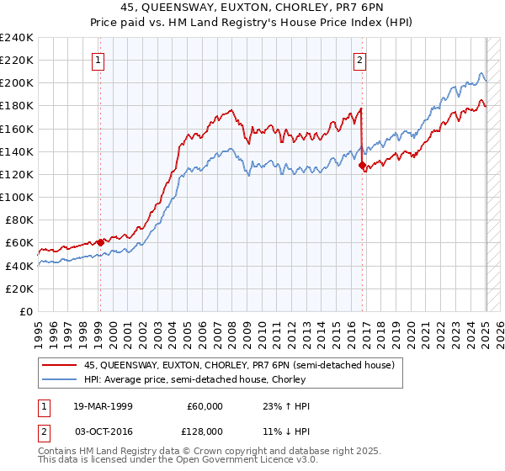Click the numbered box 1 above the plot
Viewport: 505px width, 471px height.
point(99,60)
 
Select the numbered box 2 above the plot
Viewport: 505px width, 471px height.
point(359,60)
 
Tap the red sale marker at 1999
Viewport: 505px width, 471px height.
point(100,242)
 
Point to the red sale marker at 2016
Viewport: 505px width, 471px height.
point(363,166)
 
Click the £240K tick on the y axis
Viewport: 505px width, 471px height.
point(17,38)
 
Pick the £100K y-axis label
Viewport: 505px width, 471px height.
point(17,197)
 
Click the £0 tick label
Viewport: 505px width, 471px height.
point(25,311)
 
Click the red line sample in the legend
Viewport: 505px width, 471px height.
point(61,365)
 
